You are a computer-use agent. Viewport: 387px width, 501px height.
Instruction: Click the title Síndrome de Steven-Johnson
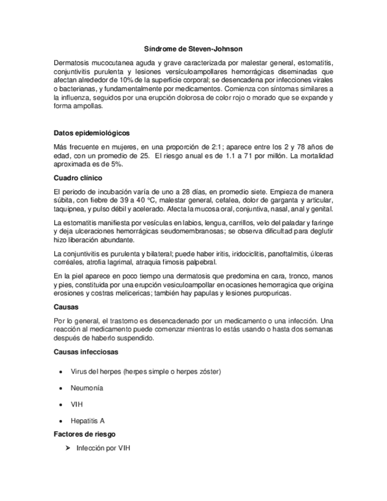click(x=193, y=49)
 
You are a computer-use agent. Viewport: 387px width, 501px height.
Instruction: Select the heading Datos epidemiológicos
click(x=92, y=133)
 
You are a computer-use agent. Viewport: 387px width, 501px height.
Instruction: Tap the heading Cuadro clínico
click(x=78, y=177)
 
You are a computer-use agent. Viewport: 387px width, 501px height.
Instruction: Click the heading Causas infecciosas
click(x=85, y=352)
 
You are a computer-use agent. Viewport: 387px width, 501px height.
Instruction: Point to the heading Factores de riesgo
click(x=84, y=434)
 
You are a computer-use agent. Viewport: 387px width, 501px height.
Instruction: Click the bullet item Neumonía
click(x=87, y=388)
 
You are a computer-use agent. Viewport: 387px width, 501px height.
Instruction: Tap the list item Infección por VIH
click(x=103, y=448)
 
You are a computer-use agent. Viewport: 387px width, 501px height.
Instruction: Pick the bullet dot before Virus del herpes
click(x=62, y=372)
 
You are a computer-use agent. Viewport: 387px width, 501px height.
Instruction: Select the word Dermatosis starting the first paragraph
click(x=73, y=63)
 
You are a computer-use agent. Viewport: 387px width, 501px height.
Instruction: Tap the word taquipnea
click(x=70, y=209)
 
